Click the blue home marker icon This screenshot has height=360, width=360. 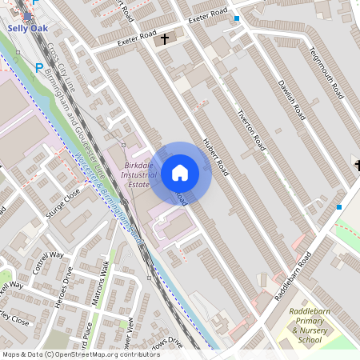pyautogui.click(x=180, y=173)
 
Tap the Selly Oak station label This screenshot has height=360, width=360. pyautogui.click(x=28, y=28)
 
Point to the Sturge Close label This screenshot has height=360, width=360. pyautogui.click(x=63, y=203)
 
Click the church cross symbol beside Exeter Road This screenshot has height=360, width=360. pyautogui.click(x=165, y=38)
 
